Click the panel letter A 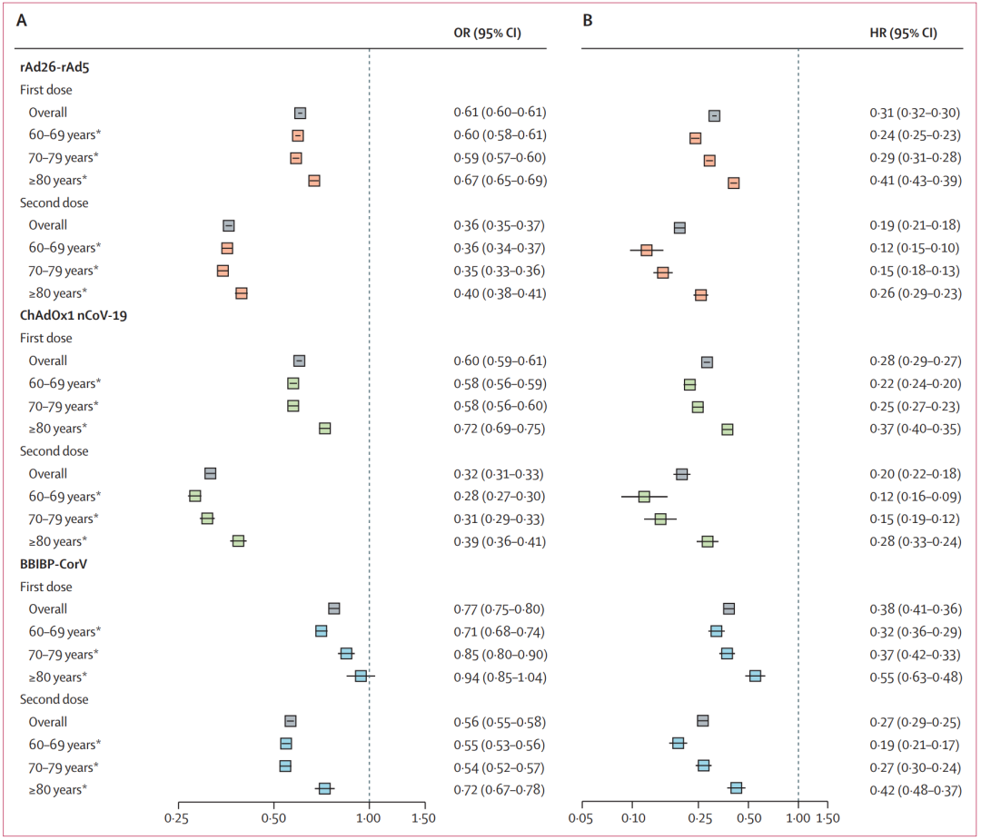point(22,18)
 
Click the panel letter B point(588,18)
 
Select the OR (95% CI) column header point(487,34)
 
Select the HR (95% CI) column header point(904,34)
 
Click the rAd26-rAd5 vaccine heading point(54,67)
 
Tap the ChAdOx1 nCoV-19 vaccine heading point(75,315)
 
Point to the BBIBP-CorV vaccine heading point(59,564)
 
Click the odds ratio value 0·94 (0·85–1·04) point(500,677)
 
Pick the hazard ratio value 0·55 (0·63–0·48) point(915,677)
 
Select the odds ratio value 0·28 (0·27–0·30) point(500,496)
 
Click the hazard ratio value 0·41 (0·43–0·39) point(915,181)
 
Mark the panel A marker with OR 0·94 point(361,676)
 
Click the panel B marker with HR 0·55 point(755,676)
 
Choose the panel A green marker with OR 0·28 point(194,496)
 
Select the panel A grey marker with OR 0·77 point(333,608)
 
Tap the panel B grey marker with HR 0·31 point(714,115)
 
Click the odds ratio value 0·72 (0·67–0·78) point(500,789)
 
